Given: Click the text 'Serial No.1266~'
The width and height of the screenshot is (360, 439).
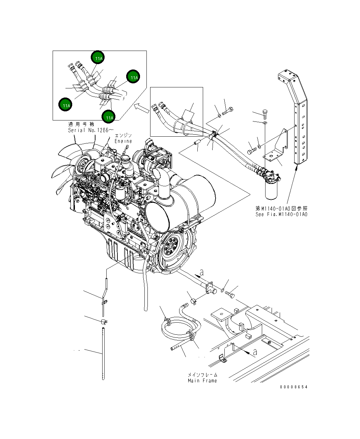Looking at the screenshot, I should coord(91,130).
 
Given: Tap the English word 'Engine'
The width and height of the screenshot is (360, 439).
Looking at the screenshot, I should coord(123,141).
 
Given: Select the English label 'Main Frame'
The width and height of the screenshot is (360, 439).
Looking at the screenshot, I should coord(202,381).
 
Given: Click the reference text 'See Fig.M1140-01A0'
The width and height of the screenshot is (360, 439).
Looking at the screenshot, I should coord(281,214).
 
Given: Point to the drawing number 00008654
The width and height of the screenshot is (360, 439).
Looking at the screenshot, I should coord(294,387).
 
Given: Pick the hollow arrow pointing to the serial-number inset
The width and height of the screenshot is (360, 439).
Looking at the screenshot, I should coord(141,108).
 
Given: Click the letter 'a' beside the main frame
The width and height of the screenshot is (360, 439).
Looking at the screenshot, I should coord(255,352).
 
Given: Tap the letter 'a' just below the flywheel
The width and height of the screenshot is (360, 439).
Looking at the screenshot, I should coord(202,272).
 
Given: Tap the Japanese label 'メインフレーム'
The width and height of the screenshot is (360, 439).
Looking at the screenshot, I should coord(202,375).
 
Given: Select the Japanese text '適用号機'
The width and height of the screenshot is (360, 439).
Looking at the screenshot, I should coord(81,125).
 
